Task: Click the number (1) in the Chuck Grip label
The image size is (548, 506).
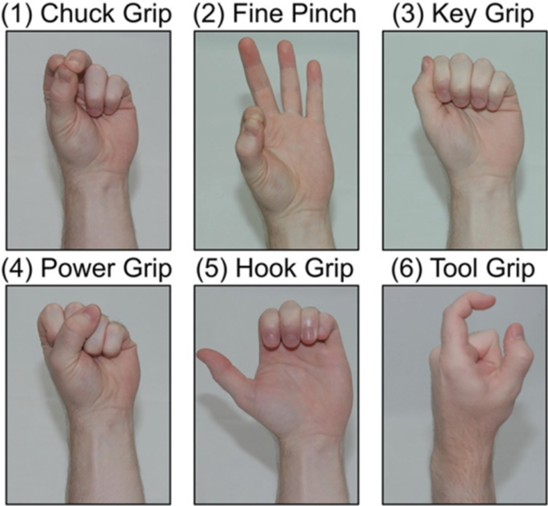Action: point(18,14)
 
